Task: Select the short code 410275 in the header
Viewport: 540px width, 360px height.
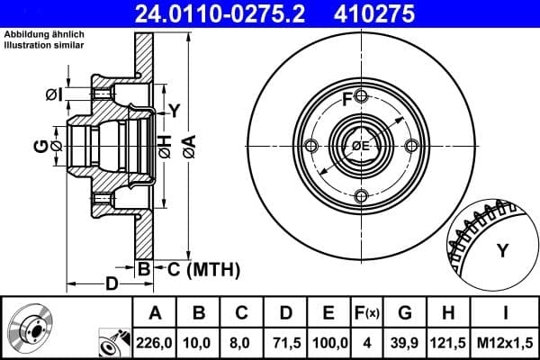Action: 401,13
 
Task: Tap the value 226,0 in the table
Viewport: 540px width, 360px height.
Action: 155,343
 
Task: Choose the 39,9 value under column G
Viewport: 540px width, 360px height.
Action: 404,343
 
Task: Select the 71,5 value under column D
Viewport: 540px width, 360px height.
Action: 284,343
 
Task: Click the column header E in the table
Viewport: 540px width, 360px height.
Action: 328,314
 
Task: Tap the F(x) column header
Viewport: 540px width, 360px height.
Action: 366,314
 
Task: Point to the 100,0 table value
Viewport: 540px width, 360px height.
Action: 328,343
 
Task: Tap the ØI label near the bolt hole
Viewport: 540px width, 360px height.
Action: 54,93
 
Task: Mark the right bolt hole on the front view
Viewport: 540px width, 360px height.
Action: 411,147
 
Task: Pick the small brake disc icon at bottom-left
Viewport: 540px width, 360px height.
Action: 31,329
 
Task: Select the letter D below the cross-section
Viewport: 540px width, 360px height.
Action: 111,285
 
